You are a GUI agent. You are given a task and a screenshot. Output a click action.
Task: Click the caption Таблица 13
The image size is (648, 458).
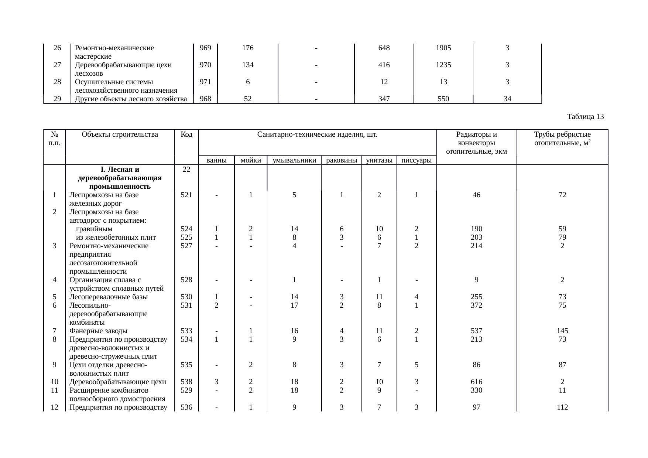point(585,117)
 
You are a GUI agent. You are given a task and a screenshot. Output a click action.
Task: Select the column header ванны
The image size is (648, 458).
point(216,160)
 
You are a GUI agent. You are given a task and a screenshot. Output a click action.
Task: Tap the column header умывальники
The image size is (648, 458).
point(294,160)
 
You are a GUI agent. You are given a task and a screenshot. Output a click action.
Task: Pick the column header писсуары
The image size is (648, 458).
point(416,160)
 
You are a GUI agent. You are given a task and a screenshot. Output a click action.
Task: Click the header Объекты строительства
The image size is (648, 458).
point(120,134)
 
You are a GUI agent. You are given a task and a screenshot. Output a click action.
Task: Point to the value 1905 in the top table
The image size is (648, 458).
point(443,48)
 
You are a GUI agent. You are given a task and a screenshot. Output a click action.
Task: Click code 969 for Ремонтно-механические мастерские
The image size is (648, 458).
point(205,48)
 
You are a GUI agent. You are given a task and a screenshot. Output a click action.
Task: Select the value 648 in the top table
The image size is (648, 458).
point(384,48)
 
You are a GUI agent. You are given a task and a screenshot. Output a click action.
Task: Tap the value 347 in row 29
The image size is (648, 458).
point(384,99)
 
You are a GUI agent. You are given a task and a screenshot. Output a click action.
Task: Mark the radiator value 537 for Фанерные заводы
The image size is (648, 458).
point(476,331)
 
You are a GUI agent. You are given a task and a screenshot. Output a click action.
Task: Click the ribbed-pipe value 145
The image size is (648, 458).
point(562,331)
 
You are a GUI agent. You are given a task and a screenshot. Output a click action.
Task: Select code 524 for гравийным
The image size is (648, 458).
point(186,229)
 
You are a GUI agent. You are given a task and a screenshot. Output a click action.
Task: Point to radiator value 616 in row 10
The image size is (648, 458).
point(476,382)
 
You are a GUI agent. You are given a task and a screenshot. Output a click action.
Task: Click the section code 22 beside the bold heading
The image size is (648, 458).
point(186,170)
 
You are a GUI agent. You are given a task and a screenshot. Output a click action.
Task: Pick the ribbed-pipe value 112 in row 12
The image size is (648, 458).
point(562,407)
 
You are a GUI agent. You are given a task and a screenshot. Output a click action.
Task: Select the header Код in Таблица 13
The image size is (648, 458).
point(186,134)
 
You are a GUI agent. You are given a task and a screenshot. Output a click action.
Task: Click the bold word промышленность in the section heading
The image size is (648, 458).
point(120,187)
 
